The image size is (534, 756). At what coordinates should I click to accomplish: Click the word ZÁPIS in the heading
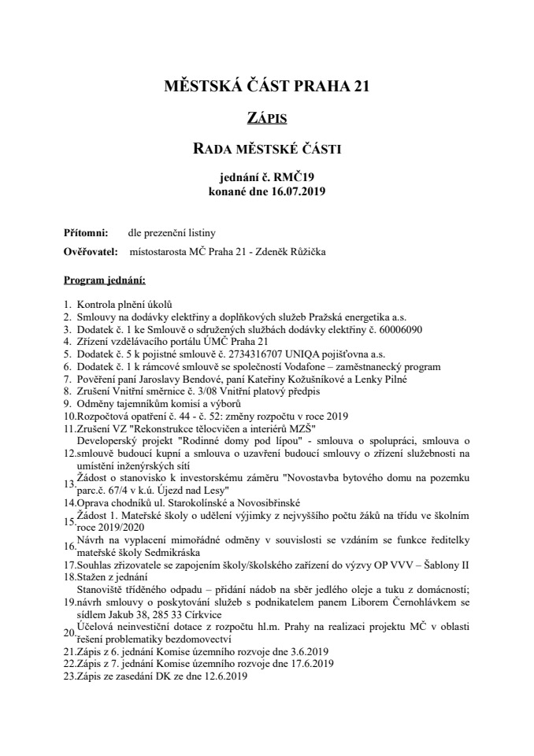[266, 119]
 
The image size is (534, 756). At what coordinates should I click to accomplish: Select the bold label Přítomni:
[82, 233]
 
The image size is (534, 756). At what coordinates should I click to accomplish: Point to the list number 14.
[69, 502]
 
